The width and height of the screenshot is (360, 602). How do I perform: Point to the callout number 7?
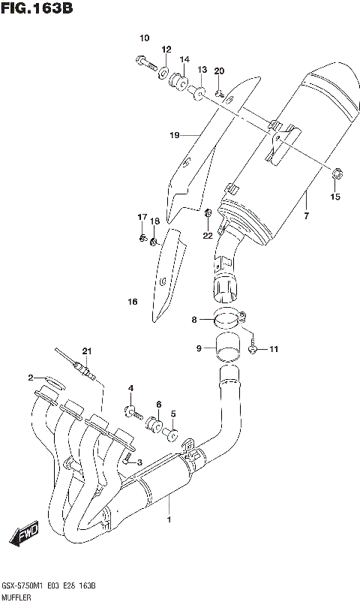click(306, 216)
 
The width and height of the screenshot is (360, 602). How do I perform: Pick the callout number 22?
click(208, 235)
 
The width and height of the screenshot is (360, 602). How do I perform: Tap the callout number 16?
click(133, 303)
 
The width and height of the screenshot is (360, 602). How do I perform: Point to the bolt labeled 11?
click(256, 348)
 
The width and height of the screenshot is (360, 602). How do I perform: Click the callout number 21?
click(87, 351)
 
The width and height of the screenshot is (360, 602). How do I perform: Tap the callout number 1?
click(169, 519)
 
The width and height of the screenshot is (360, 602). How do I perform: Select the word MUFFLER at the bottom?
click(17, 596)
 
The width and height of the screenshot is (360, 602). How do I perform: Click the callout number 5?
click(173, 413)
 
